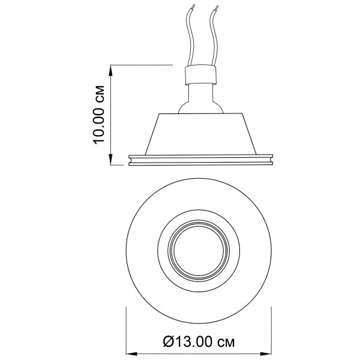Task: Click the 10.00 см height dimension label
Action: point(99,115)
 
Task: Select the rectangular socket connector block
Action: point(200,74)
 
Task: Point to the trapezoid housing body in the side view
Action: point(200,134)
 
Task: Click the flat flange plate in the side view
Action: point(200,160)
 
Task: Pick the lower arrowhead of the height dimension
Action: point(111,160)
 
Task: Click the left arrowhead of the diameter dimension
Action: point(131,353)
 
